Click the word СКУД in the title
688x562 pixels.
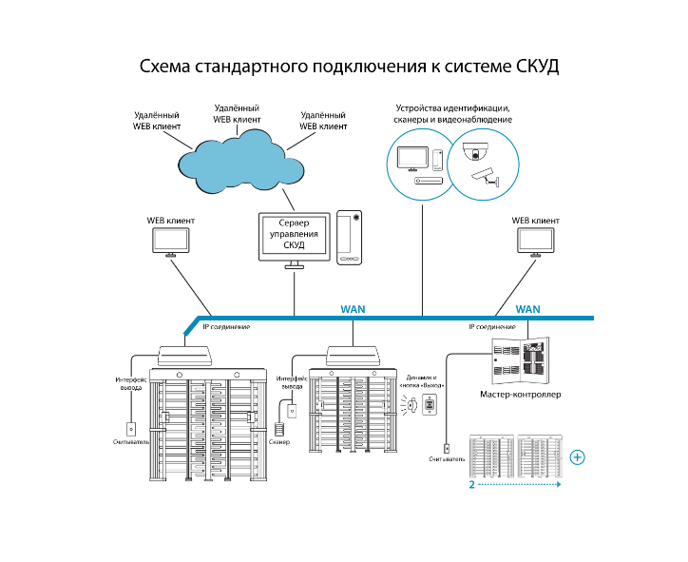(537, 67)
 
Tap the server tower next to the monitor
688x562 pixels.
(350, 238)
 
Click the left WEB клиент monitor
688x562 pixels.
(171, 242)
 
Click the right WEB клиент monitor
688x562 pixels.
(536, 242)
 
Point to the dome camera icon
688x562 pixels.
(475, 151)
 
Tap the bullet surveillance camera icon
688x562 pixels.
(486, 177)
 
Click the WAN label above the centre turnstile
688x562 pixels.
(353, 309)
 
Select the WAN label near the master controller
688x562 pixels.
(527, 309)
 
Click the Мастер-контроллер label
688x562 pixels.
(521, 395)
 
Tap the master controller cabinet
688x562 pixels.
(521, 361)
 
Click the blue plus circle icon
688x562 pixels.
(577, 457)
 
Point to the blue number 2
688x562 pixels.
(471, 485)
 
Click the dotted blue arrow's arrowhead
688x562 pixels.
(559, 484)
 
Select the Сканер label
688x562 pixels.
(279, 442)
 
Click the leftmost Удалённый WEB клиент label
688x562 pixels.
(157, 121)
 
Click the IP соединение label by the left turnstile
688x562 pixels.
(226, 327)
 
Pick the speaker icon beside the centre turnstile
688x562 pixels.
(411, 404)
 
